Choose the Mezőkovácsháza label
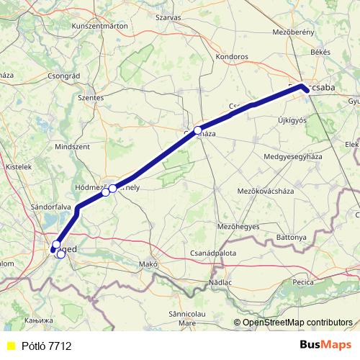(x=268, y=191)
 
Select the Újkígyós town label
(x=292, y=120)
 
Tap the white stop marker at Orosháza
(x=197, y=130)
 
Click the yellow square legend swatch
(x=10, y=346)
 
